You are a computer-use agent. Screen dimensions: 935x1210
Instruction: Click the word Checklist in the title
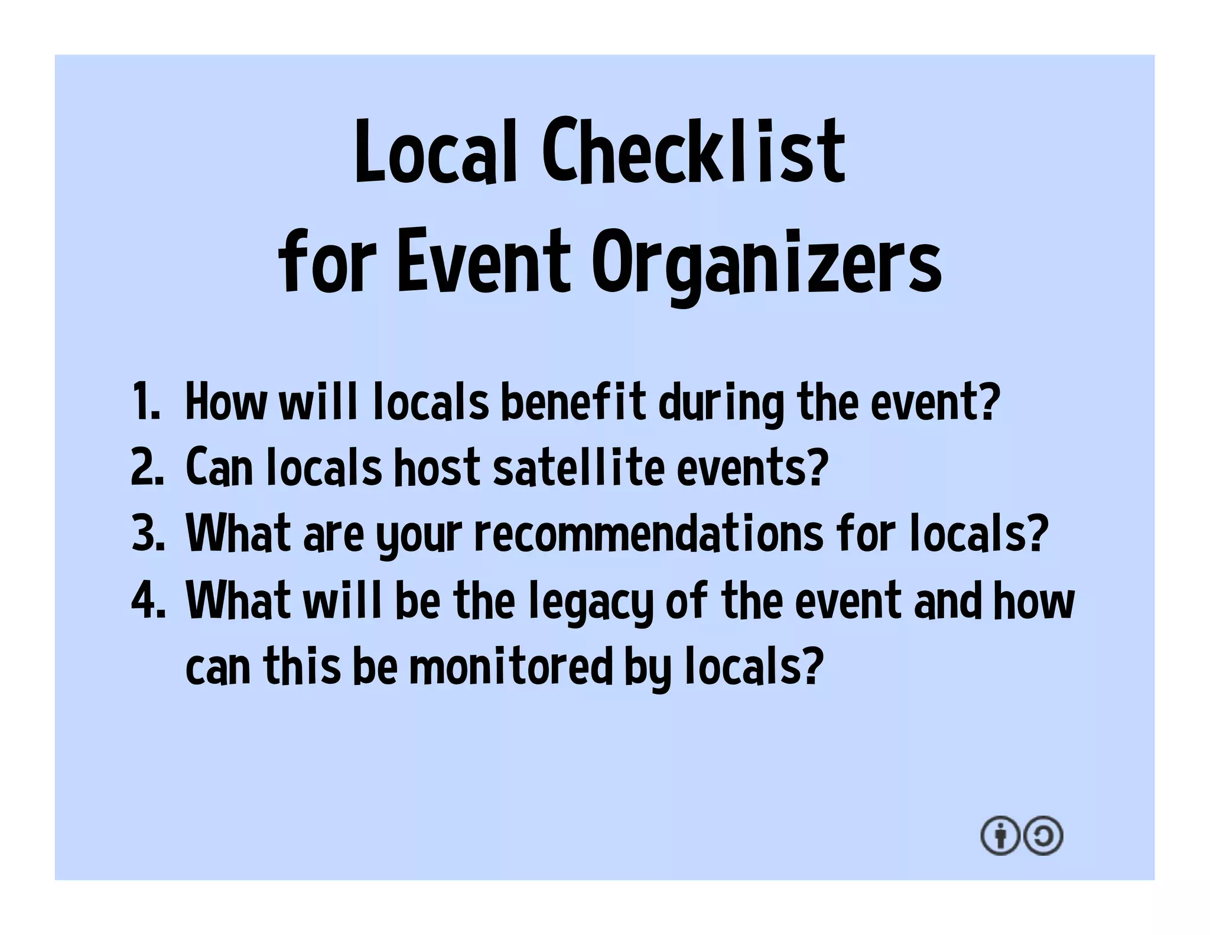tap(694, 151)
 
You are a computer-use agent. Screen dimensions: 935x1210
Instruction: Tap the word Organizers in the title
tap(766, 263)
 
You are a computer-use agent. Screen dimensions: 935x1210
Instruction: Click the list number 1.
tap(145, 402)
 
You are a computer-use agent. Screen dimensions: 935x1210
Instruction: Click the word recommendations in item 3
tap(649, 533)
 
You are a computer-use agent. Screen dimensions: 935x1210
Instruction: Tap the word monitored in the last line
tap(511, 667)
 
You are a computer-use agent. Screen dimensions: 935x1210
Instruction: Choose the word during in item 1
tap(721, 403)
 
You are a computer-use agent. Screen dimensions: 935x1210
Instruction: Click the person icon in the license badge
tap(1000, 836)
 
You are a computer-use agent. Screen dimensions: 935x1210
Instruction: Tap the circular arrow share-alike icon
tap(1043, 836)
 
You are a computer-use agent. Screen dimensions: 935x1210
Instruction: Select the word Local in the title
tap(435, 151)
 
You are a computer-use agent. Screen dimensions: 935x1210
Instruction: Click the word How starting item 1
tap(226, 402)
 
